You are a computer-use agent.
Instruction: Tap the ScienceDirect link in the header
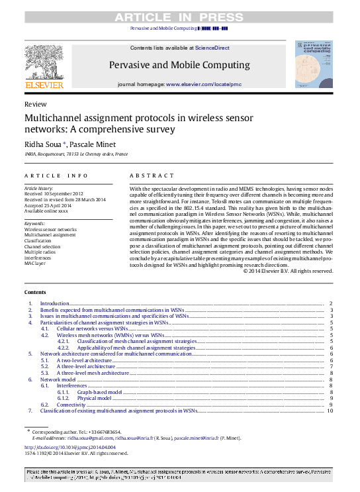pos(212,48)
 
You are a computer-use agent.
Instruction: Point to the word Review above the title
pos(35,105)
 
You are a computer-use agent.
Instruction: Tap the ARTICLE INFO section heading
pos(56,175)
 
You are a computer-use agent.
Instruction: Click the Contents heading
pos(35,292)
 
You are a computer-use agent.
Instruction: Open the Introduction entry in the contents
pos(55,304)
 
